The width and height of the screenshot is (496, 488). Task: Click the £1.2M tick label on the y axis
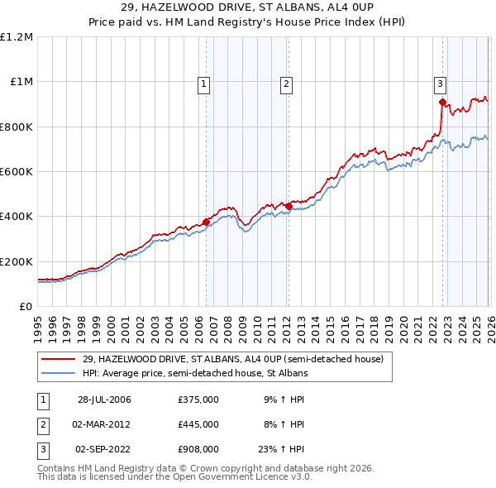point(17,36)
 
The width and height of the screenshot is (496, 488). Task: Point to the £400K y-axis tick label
point(17,217)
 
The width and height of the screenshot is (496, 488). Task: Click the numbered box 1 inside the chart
point(203,83)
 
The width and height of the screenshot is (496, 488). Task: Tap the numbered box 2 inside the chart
point(286,83)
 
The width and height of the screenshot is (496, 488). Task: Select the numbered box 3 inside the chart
point(440,83)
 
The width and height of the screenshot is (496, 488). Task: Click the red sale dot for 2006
point(206,221)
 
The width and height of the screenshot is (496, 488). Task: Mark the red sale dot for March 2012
point(288,205)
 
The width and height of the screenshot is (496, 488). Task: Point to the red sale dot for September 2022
point(442,103)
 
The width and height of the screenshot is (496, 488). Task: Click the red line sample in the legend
point(59,360)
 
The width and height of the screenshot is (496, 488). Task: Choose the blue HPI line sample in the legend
point(59,373)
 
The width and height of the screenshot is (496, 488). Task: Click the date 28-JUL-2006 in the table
point(104,399)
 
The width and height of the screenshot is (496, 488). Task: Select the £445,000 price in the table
point(198,424)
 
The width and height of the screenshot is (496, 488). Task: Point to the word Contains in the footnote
point(59,468)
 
